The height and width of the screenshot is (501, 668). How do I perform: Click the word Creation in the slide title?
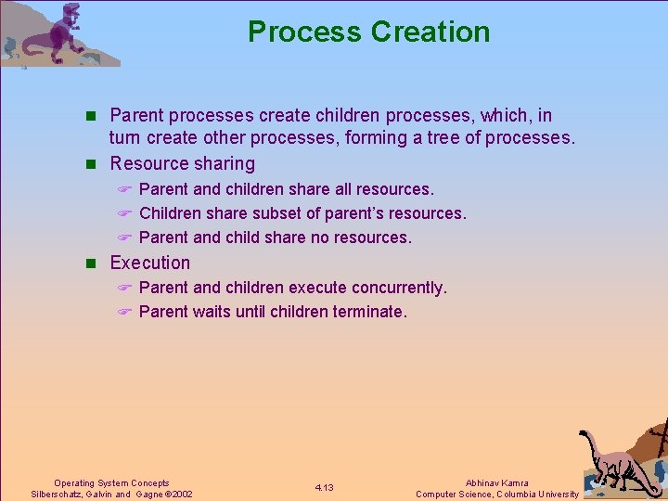click(x=430, y=32)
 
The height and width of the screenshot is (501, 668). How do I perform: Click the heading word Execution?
click(x=149, y=263)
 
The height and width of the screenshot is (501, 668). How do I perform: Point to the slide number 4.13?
click(x=324, y=488)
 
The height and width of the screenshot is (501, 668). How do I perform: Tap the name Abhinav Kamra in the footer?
click(x=497, y=483)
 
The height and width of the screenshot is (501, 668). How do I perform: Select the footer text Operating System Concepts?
click(x=111, y=483)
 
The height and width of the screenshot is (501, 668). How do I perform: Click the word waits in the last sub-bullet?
click(x=212, y=312)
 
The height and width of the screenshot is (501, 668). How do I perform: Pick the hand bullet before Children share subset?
click(x=125, y=214)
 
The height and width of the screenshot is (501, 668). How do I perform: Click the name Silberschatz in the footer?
click(x=58, y=495)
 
